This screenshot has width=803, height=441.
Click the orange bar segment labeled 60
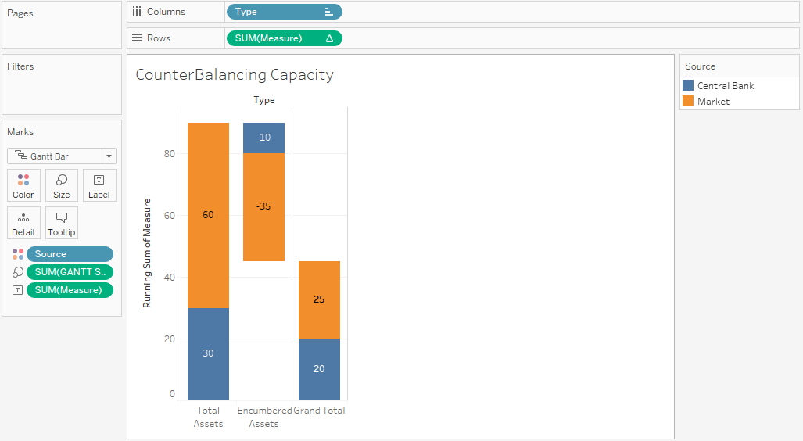208,215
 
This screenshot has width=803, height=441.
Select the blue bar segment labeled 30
208,353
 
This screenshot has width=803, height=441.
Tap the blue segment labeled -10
263,138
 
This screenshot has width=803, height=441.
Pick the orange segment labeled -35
263,206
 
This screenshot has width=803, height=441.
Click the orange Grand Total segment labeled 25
319,299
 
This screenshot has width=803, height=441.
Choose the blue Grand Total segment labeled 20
319,369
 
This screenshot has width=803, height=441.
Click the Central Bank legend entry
725,86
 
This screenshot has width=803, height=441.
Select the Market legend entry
712,102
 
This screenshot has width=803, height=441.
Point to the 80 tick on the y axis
170,154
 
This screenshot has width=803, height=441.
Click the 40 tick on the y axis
170,277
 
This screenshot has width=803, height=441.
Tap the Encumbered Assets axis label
263,417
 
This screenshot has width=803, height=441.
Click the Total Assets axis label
208,417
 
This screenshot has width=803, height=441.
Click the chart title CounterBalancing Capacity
235,75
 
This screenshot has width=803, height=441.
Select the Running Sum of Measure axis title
147,253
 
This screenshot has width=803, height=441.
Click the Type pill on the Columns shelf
284,12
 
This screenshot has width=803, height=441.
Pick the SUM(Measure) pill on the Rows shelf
284,38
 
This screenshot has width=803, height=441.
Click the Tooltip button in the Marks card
62,223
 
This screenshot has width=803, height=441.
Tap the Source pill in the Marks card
70,254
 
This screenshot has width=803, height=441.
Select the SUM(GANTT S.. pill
70,272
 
